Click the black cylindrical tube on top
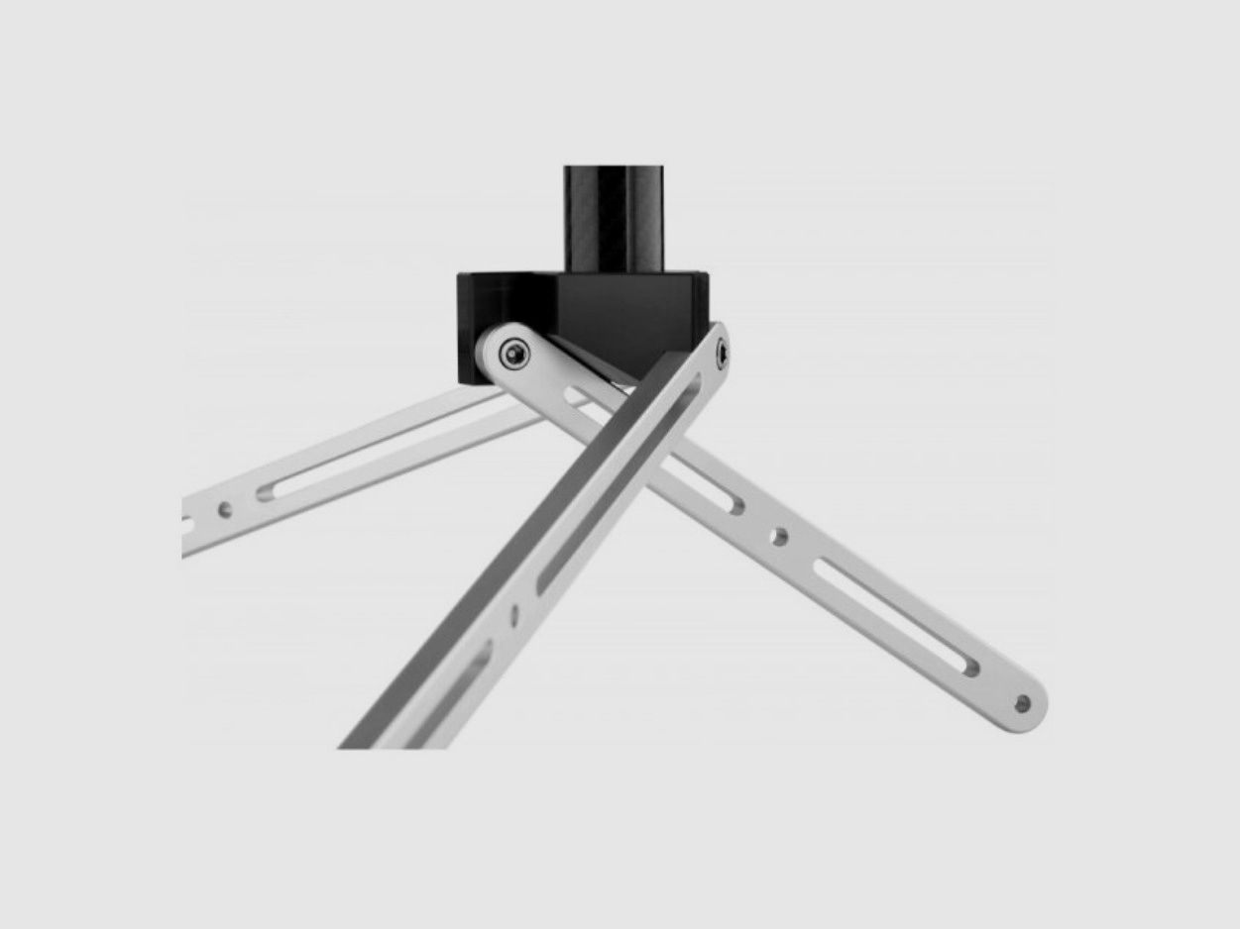click(x=614, y=216)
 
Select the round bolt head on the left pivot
click(x=512, y=354)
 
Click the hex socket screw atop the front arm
click(x=722, y=352)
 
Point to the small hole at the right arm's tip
click(x=1022, y=704)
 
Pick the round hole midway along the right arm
click(x=779, y=536)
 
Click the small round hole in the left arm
click(x=226, y=510)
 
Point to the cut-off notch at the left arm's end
click(x=187, y=524)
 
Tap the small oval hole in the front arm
click(x=513, y=615)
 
